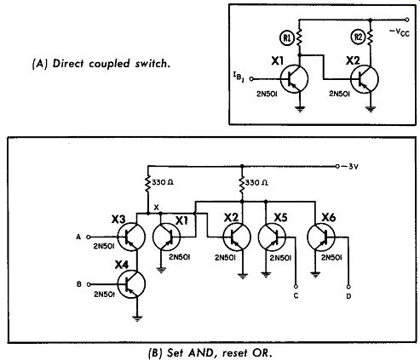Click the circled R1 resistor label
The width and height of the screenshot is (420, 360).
tap(288, 38)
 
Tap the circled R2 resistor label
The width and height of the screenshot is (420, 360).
tap(359, 38)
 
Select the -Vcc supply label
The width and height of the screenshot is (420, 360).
tap(400, 32)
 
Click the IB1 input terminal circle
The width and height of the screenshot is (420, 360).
tap(251, 79)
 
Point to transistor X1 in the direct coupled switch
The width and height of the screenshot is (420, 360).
tap(294, 79)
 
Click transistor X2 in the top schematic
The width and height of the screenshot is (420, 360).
tap(365, 79)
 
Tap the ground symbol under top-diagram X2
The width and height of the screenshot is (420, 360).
tap(371, 109)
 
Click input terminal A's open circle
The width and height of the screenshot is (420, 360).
tap(88, 237)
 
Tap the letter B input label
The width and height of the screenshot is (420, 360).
tap(79, 284)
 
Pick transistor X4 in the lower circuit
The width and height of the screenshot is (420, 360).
tap(131, 284)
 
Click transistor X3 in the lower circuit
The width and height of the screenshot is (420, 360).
tap(131, 237)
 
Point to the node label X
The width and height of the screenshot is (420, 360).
tap(156, 208)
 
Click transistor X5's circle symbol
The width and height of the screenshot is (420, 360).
tap(272, 237)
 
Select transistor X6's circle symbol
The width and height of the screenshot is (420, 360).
tap(321, 237)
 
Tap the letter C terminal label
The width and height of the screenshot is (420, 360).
tap(296, 296)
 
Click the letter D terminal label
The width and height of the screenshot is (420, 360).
tap(348, 296)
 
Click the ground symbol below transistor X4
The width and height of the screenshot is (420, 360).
tap(137, 318)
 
